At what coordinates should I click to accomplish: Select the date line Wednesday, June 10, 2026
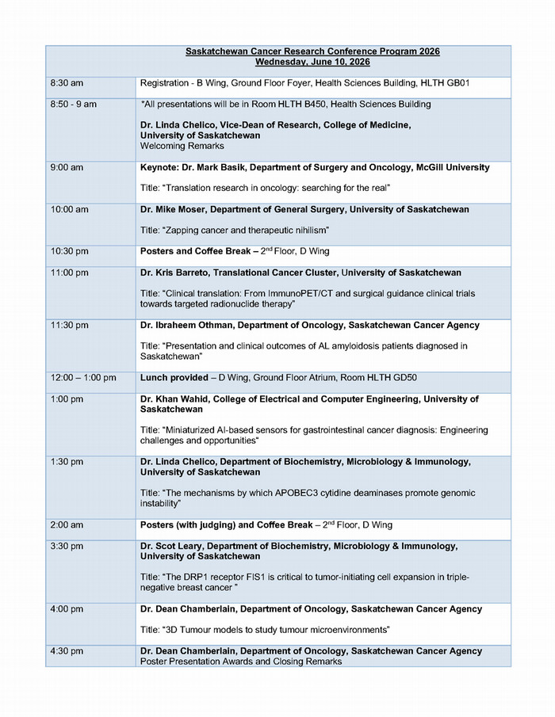click(x=312, y=62)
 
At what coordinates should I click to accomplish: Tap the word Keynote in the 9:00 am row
click(x=159, y=168)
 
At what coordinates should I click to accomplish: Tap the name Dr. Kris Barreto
click(x=178, y=273)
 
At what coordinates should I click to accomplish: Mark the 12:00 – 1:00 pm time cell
click(x=82, y=378)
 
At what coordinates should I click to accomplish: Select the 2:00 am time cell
click(x=67, y=525)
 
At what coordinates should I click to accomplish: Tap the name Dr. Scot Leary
click(x=175, y=547)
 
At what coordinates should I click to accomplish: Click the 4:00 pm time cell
click(x=67, y=609)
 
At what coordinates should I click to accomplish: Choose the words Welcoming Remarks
click(x=181, y=147)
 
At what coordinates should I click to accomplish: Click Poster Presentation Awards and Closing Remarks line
click(x=241, y=662)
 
